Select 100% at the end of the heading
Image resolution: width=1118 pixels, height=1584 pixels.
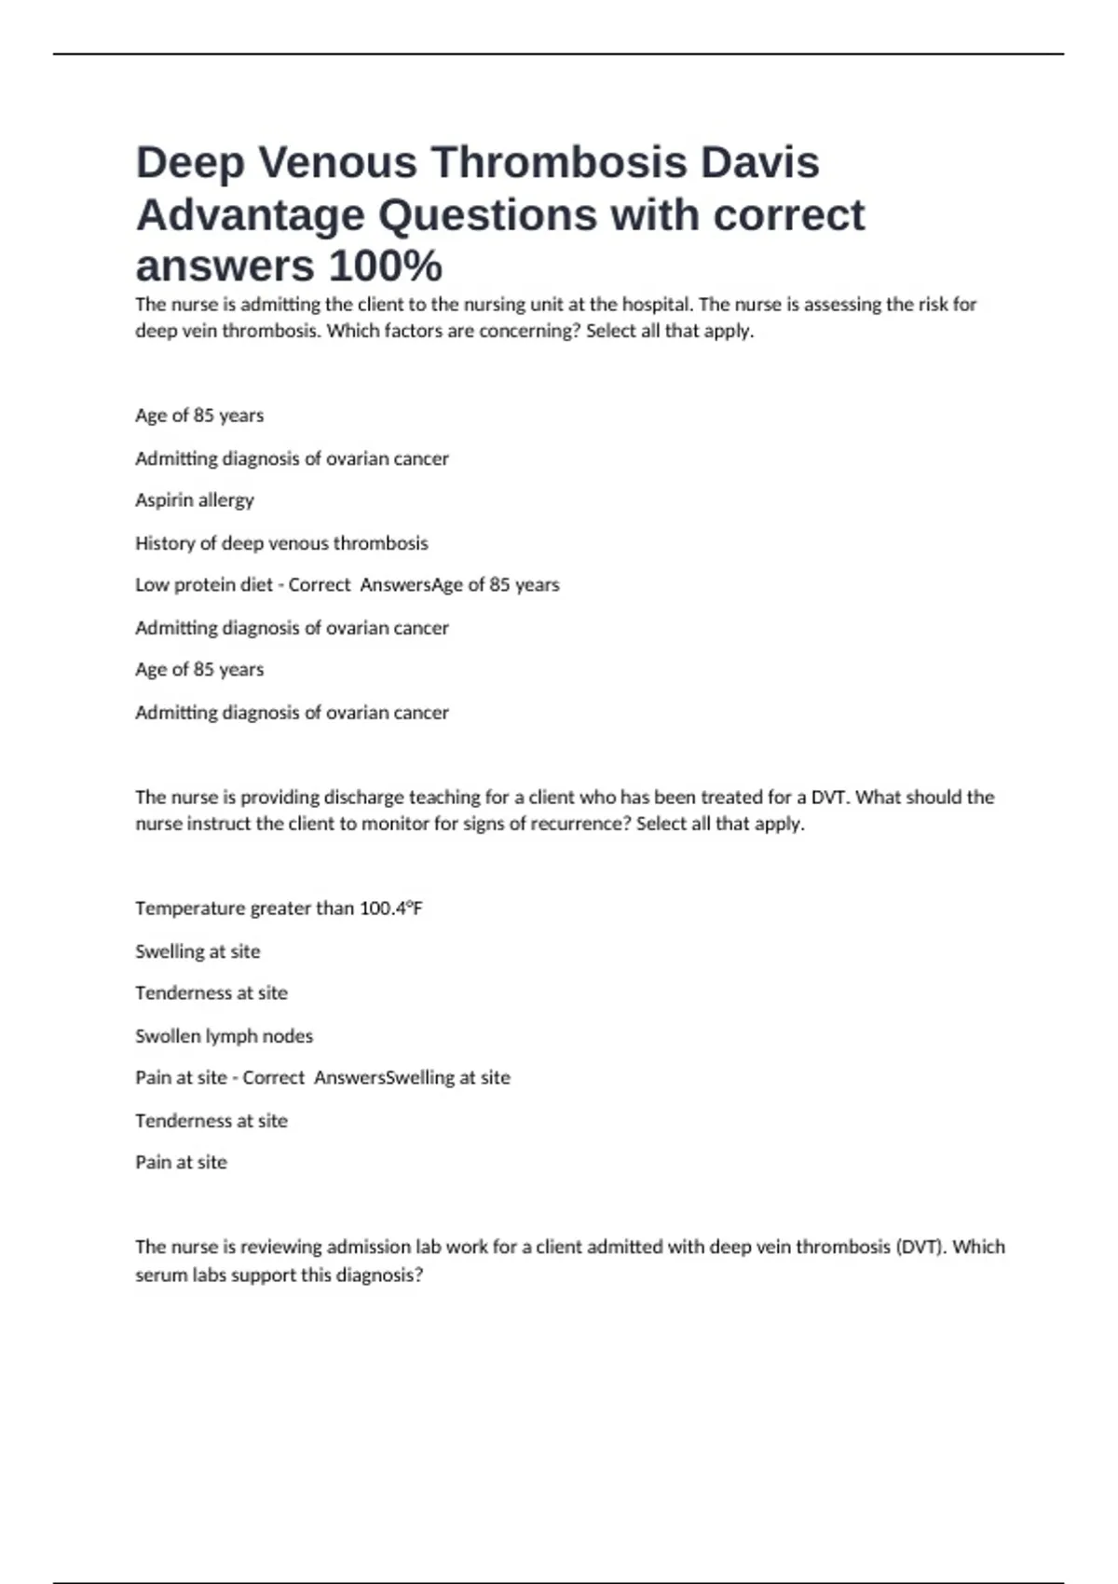point(385,266)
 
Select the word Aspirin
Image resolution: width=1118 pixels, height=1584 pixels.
point(163,500)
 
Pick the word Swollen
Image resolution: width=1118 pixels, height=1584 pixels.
point(166,1036)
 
